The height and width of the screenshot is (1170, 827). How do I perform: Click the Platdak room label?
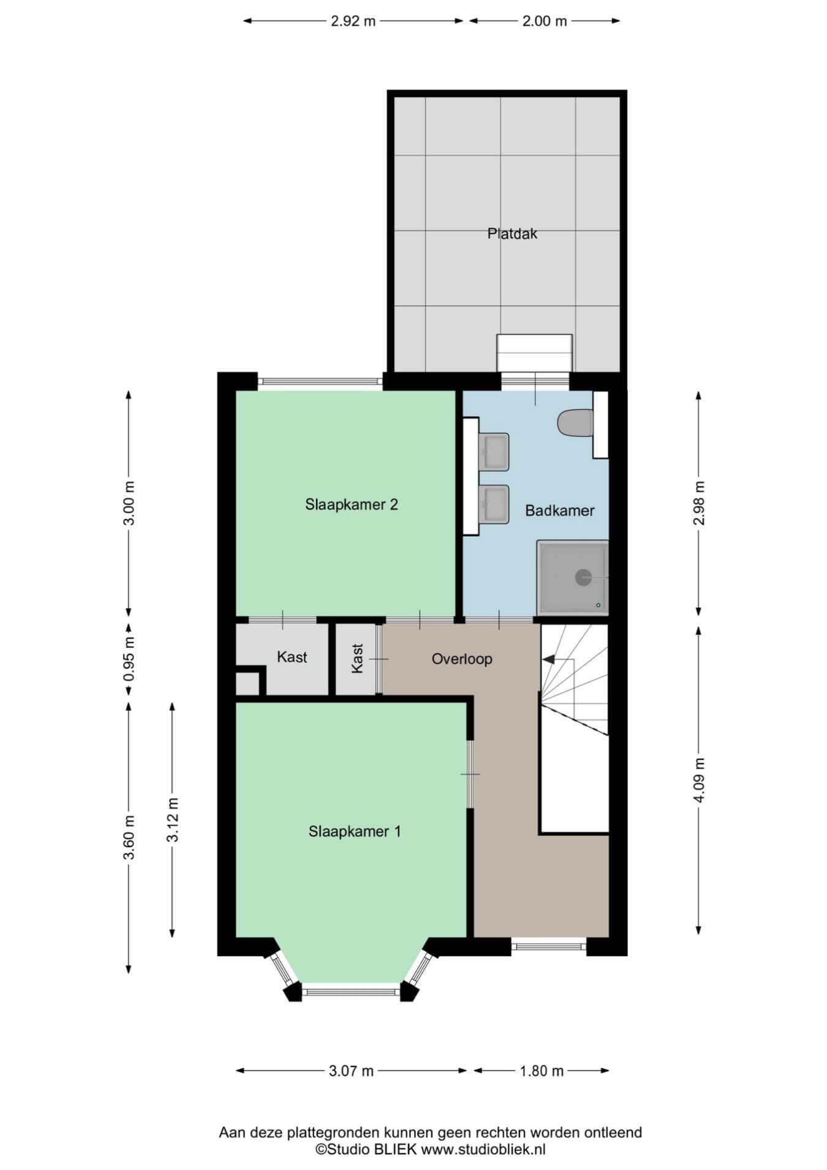tap(512, 234)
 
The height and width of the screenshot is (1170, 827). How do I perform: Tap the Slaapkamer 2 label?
tap(352, 504)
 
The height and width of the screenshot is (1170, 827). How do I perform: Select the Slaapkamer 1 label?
tap(355, 832)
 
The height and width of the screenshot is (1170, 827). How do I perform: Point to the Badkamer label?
tap(560, 511)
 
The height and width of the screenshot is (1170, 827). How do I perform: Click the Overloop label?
tap(462, 659)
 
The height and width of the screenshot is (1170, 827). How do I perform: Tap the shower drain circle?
tap(583, 577)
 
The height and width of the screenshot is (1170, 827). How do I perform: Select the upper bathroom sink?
tap(494, 452)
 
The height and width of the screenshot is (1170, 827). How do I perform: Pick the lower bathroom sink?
tap(494, 504)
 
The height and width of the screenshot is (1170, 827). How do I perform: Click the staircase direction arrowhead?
tap(548, 659)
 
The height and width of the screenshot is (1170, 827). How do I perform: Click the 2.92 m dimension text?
tap(353, 21)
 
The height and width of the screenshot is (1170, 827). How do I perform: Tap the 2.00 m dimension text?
tap(545, 21)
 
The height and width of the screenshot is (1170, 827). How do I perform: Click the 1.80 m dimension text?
tap(542, 1071)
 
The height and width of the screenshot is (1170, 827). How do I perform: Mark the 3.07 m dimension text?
tap(351, 1071)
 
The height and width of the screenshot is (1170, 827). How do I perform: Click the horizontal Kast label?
tap(292, 657)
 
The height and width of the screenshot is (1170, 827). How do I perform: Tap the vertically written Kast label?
tap(357, 658)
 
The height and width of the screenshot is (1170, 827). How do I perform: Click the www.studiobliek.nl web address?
tap(483, 1150)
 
